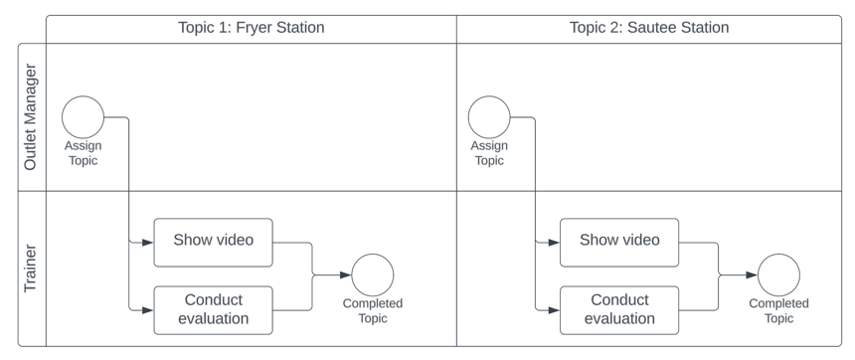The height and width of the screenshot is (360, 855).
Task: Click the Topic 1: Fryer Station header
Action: point(251,28)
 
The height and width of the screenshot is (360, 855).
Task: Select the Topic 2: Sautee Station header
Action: point(648,28)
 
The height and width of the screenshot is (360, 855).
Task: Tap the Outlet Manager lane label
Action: point(31,117)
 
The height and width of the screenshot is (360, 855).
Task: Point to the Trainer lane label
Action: point(31,269)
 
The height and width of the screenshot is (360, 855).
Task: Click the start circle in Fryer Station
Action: point(83,117)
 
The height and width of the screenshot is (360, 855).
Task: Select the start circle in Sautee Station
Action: point(489,117)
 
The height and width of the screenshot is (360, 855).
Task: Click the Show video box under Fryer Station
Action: point(213,242)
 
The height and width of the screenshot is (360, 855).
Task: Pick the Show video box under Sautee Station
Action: point(619,242)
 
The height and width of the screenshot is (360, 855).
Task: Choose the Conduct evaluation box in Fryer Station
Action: point(213,309)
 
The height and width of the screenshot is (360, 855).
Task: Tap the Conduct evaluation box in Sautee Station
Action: point(619,309)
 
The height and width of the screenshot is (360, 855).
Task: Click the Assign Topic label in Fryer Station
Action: point(83,153)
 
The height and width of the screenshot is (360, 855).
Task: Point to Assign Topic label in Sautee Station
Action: point(489,153)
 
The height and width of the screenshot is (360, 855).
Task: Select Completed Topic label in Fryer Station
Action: point(373,310)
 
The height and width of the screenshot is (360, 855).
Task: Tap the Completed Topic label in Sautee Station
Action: point(778,310)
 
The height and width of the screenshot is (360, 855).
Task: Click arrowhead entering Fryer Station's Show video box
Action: point(147,242)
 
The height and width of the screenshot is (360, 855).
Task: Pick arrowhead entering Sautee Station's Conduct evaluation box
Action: point(554,309)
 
